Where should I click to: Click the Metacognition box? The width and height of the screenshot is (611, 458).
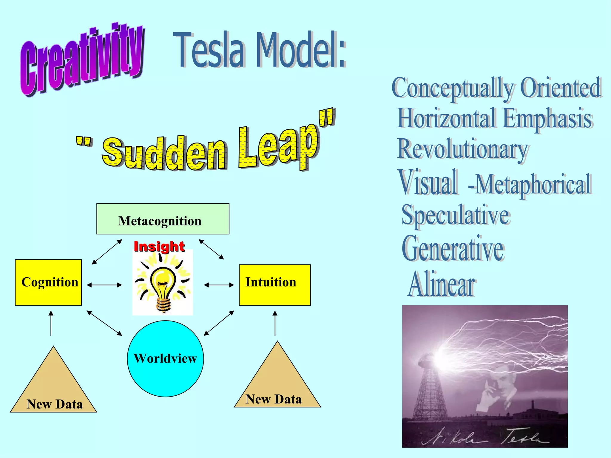click(x=163, y=219)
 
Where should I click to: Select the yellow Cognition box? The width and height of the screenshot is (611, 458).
click(x=48, y=282)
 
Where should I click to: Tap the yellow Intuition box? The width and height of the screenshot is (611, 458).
click(x=274, y=285)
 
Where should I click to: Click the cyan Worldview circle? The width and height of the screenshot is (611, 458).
click(x=166, y=358)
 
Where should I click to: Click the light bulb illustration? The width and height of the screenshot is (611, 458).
click(x=163, y=283)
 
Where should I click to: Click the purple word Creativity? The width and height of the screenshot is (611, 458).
click(x=82, y=60)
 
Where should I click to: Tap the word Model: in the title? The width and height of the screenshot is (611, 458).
click(x=301, y=50)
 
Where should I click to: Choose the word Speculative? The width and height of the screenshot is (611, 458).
click(x=456, y=216)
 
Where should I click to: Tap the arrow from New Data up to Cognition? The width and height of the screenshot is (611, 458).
click(x=51, y=323)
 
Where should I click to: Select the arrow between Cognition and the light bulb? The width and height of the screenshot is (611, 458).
click(x=104, y=285)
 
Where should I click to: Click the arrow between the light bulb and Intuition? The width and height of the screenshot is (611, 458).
click(x=219, y=285)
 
